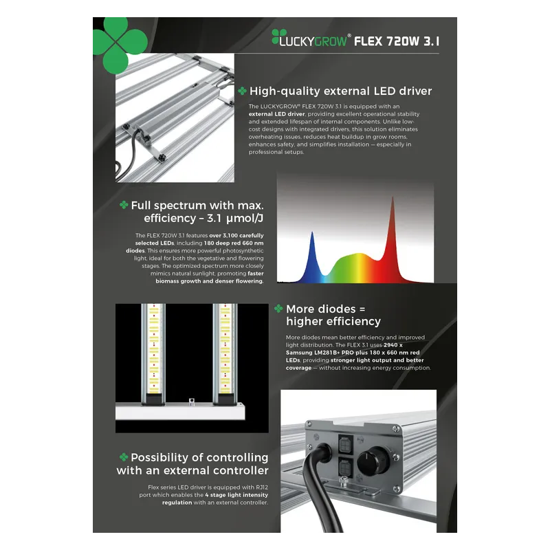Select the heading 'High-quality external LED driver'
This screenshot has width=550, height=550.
(340, 91)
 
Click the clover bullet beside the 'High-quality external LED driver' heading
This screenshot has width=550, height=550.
(242, 91)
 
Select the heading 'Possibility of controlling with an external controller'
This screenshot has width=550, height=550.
(193, 464)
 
